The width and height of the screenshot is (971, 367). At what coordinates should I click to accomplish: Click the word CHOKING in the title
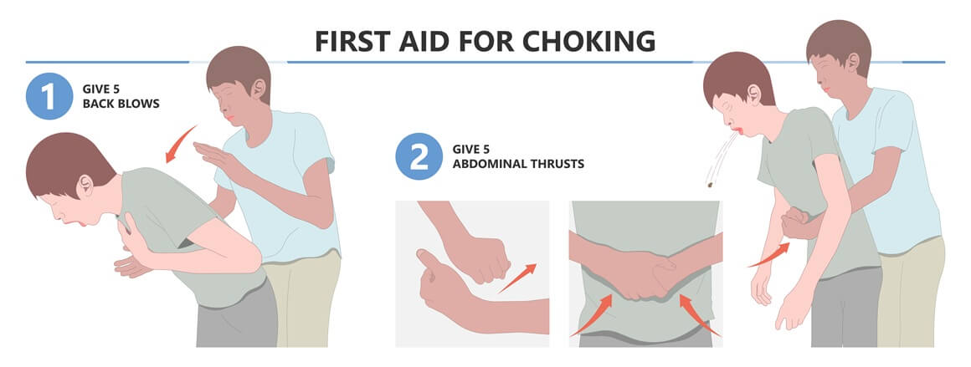click(588, 41)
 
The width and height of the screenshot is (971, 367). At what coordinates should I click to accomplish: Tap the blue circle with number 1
click(49, 96)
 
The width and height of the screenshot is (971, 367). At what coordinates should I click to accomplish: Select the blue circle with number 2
click(419, 156)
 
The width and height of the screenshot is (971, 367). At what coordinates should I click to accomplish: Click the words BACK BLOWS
click(121, 104)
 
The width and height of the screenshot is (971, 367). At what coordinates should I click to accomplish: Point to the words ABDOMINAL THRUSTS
click(518, 164)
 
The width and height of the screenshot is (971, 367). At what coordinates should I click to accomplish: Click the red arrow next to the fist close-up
click(517, 278)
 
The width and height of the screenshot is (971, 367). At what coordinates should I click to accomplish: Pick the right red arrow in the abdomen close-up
click(699, 315)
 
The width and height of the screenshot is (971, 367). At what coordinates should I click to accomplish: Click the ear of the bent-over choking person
click(85, 185)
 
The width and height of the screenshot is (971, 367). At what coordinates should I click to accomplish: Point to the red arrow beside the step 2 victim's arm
click(768, 255)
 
